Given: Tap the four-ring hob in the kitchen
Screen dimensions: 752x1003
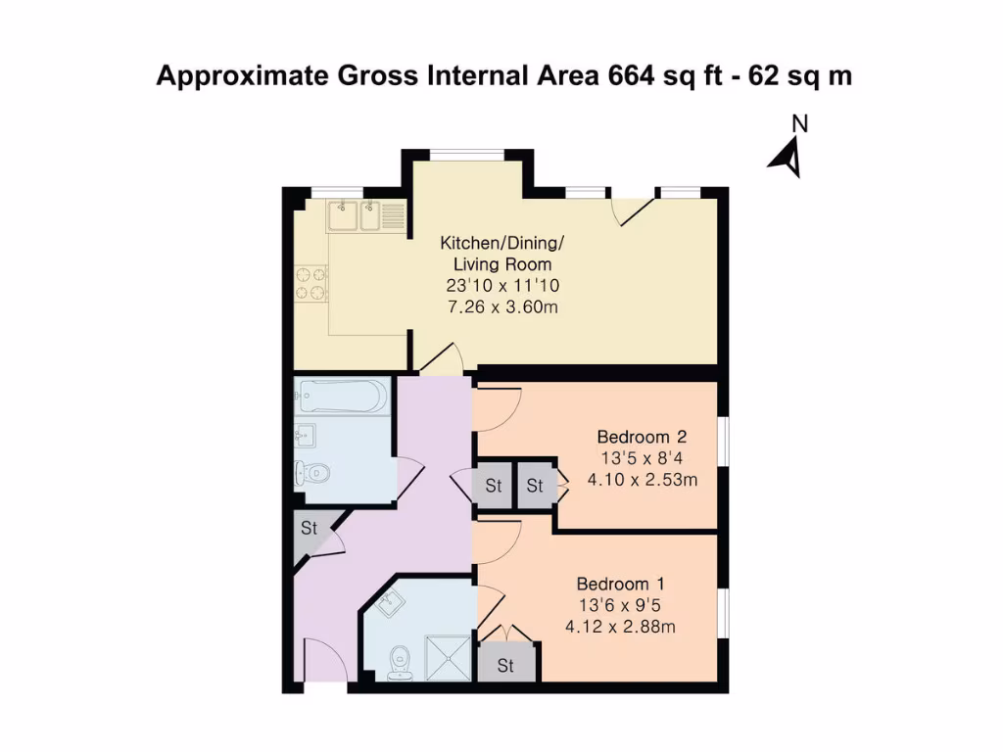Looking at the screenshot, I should click(x=310, y=280).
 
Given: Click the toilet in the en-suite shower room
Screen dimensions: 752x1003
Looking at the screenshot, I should click(x=399, y=663).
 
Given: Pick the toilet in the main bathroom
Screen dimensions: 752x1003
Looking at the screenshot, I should click(x=311, y=473).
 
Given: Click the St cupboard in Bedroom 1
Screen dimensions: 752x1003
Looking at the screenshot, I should click(x=505, y=666).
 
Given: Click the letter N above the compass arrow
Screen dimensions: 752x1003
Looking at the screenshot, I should click(x=800, y=124).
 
